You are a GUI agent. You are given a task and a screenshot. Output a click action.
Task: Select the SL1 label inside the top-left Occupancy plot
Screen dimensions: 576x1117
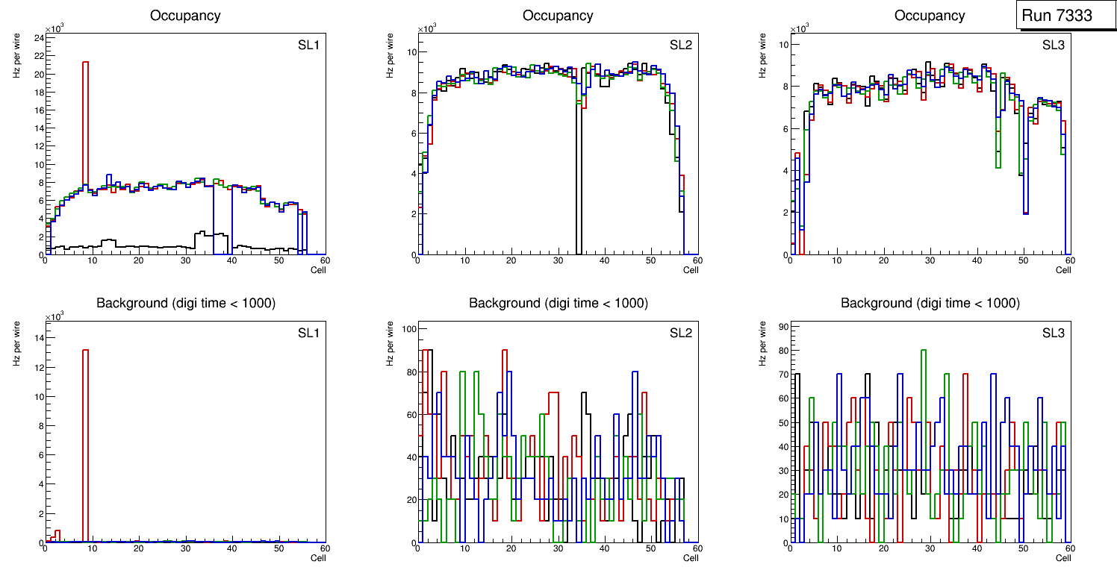pos(308,46)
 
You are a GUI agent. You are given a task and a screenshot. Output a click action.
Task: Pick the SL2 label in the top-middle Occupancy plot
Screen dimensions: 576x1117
pos(680,46)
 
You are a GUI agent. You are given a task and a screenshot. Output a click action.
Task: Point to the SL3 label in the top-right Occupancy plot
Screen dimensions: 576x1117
pos(1053,46)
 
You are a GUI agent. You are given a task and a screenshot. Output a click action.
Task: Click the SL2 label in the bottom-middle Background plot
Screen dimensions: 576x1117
pos(680,333)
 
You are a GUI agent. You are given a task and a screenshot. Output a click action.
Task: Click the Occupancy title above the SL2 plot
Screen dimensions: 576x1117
pos(558,16)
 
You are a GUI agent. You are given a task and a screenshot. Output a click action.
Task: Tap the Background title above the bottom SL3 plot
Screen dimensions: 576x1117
pos(930,303)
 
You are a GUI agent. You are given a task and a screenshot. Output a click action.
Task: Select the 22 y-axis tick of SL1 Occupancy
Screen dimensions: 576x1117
pos(37,57)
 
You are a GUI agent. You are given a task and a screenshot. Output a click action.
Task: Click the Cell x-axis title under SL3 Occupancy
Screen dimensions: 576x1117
pos(1062,270)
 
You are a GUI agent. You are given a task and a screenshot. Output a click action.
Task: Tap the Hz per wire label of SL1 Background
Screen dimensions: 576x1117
pos(16,342)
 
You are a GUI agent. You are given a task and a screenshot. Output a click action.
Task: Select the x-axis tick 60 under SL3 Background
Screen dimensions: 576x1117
pos(1069,548)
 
